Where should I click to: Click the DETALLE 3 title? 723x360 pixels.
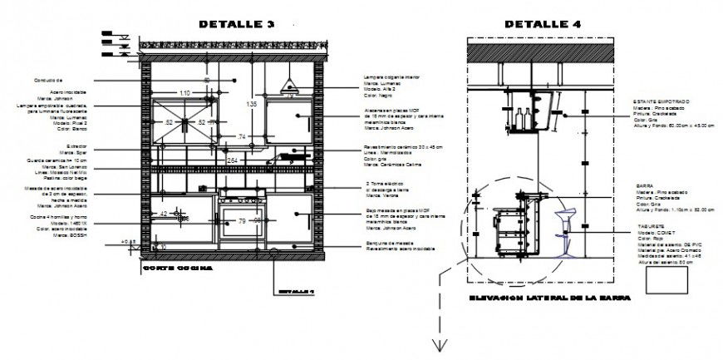click(x=236, y=24)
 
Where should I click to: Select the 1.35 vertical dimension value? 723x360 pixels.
click(x=251, y=104)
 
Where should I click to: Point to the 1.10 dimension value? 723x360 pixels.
click(x=184, y=93)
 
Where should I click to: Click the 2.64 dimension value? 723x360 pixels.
click(x=233, y=160)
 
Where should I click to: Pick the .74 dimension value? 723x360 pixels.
click(x=242, y=136)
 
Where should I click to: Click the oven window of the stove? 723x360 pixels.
click(x=241, y=222)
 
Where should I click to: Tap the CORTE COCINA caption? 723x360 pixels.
click(x=177, y=269)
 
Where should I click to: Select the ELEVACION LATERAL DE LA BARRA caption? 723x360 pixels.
click(x=549, y=298)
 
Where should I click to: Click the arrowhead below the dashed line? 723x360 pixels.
click(x=434, y=347)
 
